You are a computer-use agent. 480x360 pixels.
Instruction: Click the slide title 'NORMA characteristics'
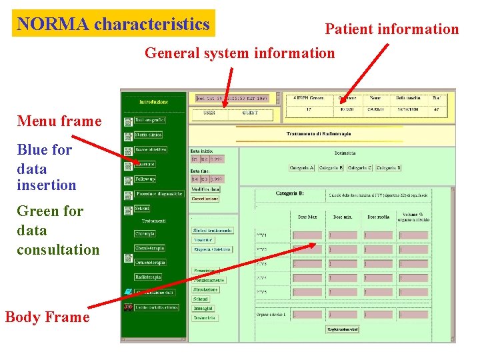[x=113, y=24]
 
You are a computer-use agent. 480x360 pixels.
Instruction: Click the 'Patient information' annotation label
[x=391, y=29]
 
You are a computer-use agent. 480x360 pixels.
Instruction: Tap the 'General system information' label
[x=239, y=53]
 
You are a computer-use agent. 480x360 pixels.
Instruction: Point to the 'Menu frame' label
[x=59, y=121]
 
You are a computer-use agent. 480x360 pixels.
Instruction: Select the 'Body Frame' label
[x=47, y=317]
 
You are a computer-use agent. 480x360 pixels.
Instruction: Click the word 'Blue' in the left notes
[x=34, y=150]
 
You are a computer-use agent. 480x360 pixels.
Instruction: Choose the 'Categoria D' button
[x=388, y=168]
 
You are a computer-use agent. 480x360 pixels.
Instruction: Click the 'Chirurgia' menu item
[x=145, y=234]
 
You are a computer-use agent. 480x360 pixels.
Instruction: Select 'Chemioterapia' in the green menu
[x=149, y=248]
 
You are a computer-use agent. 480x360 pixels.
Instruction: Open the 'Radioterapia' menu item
[x=148, y=277]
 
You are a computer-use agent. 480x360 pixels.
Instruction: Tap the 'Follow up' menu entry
[x=145, y=179]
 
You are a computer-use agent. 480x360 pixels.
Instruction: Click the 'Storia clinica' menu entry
[x=148, y=135]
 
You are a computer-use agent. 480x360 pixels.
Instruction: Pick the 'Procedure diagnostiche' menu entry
[x=159, y=194]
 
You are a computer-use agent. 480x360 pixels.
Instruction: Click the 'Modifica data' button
[x=205, y=189]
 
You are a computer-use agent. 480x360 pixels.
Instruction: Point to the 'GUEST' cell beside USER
[x=251, y=113]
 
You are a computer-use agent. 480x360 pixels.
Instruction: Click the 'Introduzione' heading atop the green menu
[x=153, y=102]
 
